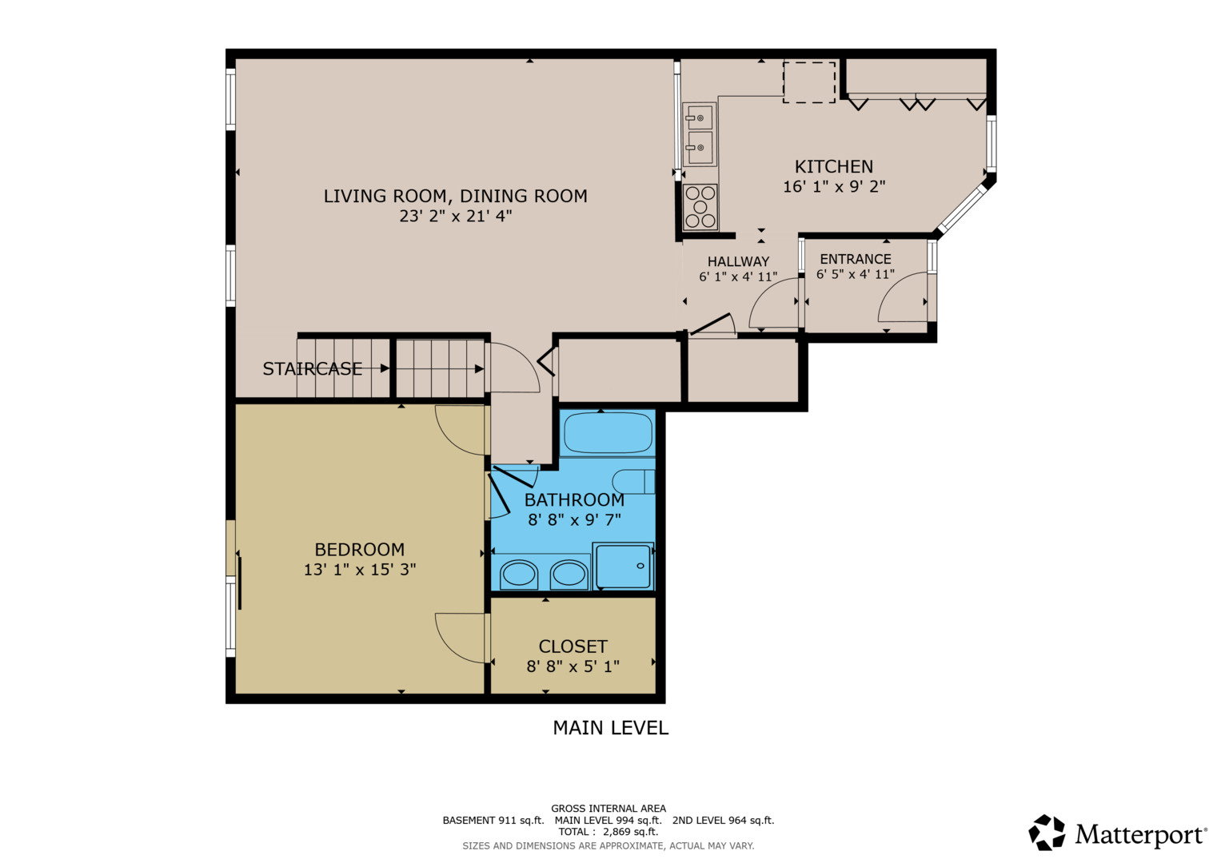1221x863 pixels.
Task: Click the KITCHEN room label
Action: tap(833, 166)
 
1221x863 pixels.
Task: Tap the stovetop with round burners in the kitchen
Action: tap(700, 207)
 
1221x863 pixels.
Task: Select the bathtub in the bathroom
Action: tap(608, 432)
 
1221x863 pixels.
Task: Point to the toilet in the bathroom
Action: tap(633, 482)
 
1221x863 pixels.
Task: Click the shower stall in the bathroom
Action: tap(623, 566)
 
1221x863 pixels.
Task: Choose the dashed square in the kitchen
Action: tap(809, 82)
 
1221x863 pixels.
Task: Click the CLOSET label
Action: tap(573, 646)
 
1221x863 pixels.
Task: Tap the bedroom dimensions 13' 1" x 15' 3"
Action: tap(360, 569)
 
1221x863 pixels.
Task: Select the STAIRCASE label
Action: tap(313, 369)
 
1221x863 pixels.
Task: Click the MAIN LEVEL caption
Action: tap(611, 728)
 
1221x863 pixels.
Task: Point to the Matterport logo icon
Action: tap(1047, 833)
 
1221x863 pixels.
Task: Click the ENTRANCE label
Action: tap(856, 259)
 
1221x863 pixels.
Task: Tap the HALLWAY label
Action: tap(738, 261)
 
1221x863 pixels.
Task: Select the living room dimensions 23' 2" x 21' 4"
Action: tap(456, 217)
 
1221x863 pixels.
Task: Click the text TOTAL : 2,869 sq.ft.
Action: tap(609, 831)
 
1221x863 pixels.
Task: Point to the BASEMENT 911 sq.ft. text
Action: tap(493, 820)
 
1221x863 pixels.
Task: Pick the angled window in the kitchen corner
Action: tap(963, 208)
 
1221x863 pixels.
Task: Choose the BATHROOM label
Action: tap(575, 499)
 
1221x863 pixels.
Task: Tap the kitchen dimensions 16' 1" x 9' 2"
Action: tap(834, 187)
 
